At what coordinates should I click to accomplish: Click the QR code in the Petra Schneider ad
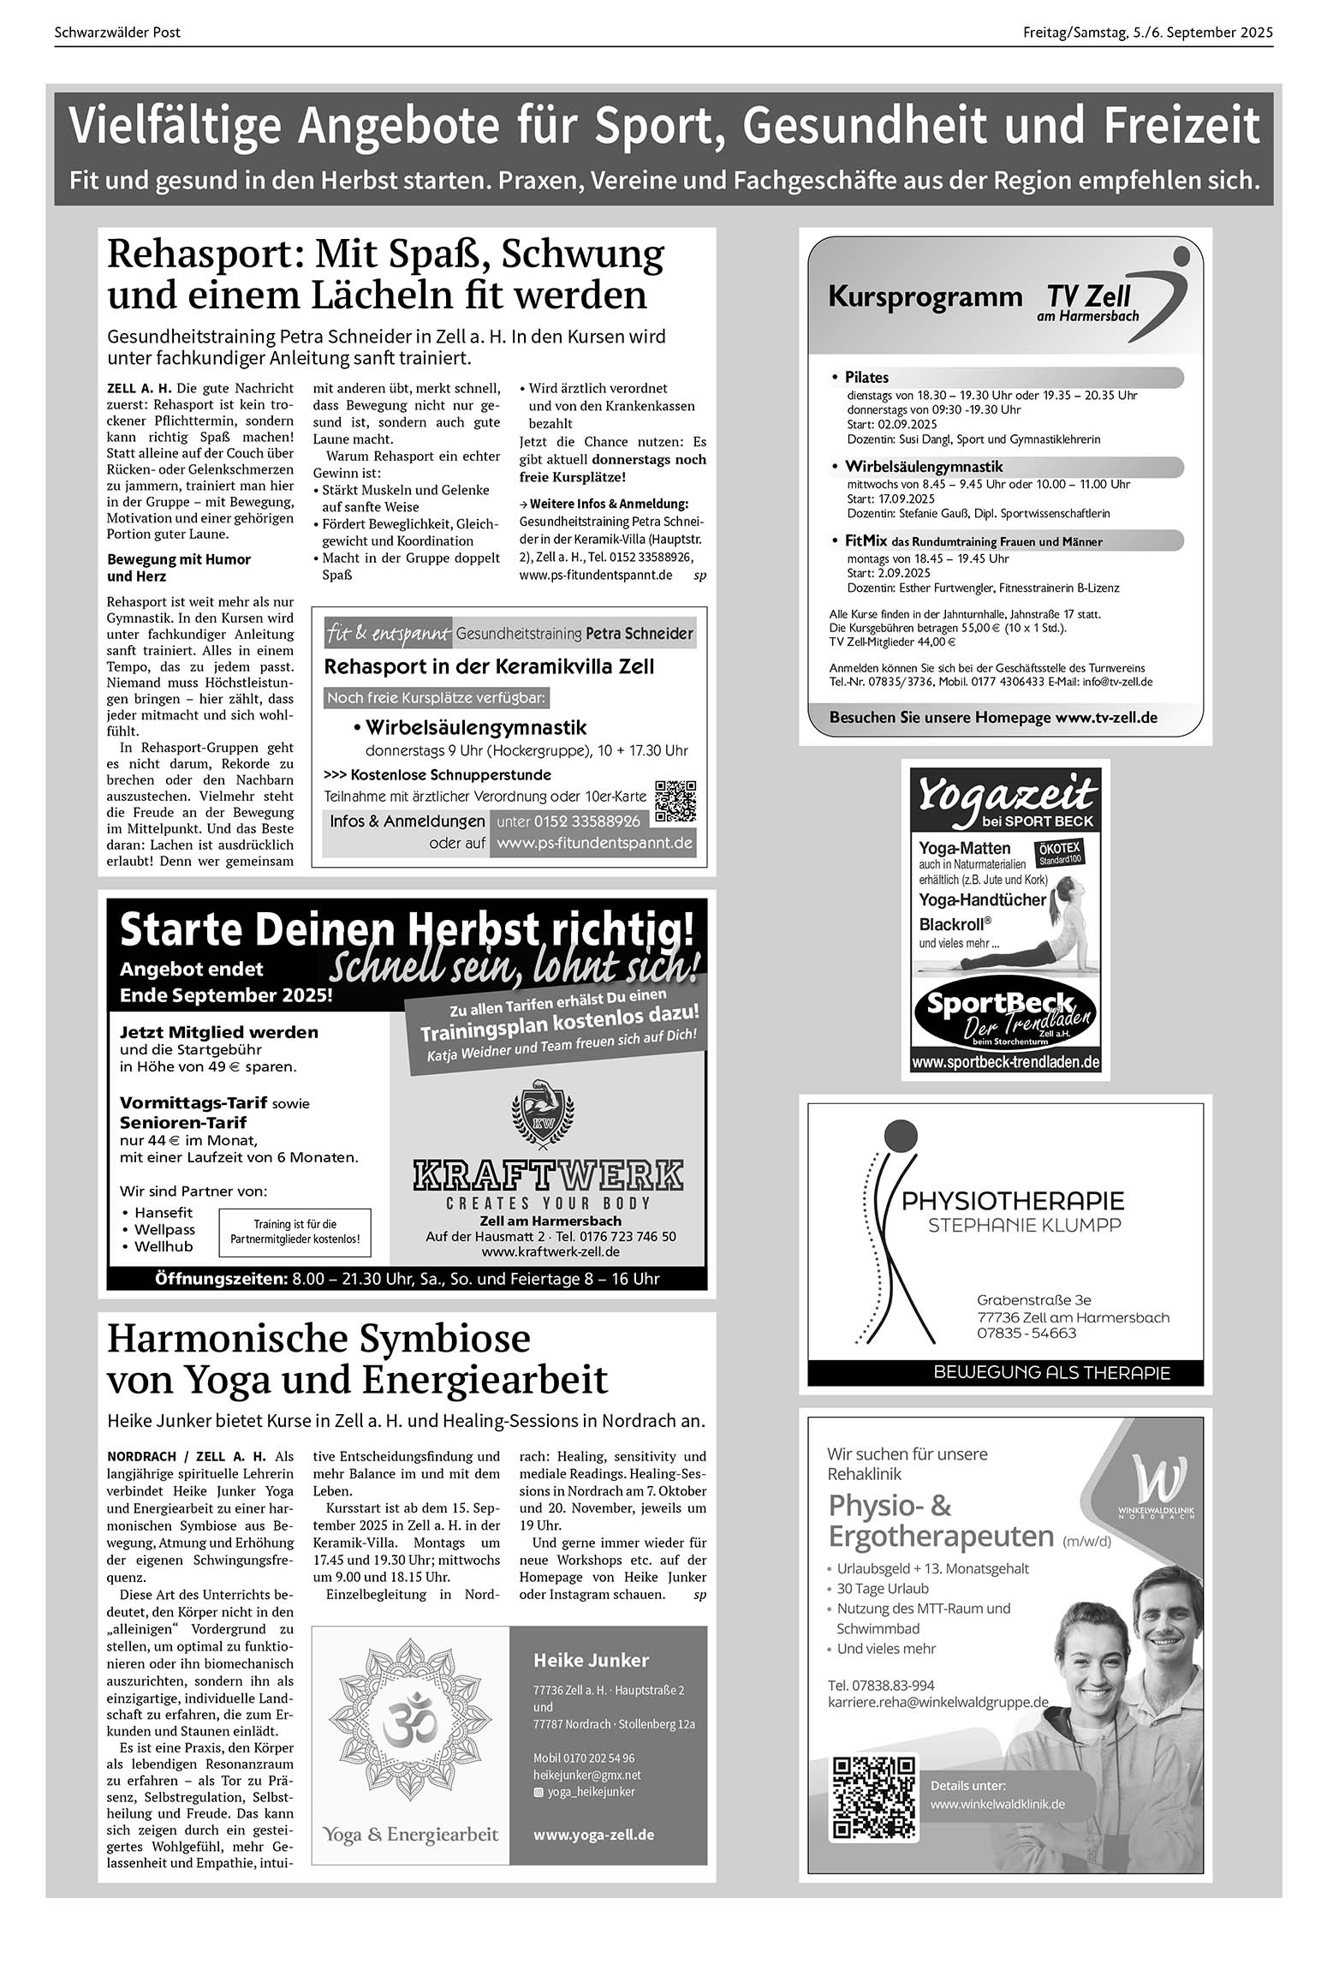pyautogui.click(x=675, y=802)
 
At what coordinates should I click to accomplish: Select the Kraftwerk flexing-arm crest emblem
pyautogui.click(x=541, y=1113)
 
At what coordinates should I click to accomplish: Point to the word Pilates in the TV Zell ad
pyautogui.click(x=866, y=378)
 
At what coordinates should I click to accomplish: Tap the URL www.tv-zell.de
pyautogui.click(x=1105, y=718)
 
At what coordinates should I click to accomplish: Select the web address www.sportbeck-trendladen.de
pyautogui.click(x=1005, y=1062)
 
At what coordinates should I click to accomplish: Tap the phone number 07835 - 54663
pyautogui.click(x=1027, y=1334)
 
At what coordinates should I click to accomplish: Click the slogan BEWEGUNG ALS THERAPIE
pyautogui.click(x=1051, y=1373)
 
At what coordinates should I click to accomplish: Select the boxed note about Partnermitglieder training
pyautogui.click(x=295, y=1232)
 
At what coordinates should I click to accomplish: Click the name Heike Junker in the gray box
pyautogui.click(x=591, y=1660)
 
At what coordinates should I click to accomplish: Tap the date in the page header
pyautogui.click(x=1147, y=33)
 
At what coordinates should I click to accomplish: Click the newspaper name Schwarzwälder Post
pyautogui.click(x=117, y=33)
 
